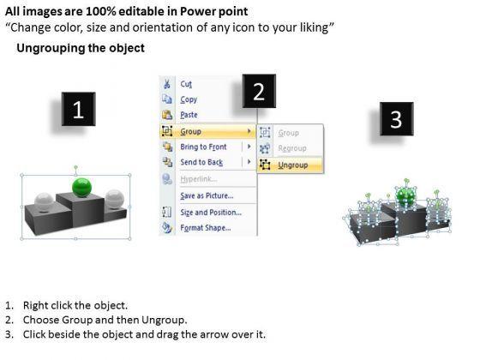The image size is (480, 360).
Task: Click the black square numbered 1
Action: point(78,109)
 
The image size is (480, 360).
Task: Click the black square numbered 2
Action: point(259,91)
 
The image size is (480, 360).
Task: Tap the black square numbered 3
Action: point(396,119)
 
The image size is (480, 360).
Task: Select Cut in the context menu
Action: point(186,84)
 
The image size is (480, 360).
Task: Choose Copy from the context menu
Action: point(189,99)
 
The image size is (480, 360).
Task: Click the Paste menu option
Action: point(189,115)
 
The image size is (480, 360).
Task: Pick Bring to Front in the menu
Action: point(203,147)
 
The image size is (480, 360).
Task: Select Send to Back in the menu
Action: point(201,162)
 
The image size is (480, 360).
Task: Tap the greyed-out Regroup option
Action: point(292,148)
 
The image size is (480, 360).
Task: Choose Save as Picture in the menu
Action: point(207,196)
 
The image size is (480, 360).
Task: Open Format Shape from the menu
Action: point(206,228)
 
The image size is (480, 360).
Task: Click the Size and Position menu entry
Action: point(211,213)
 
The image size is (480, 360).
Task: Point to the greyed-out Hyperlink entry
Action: point(198,179)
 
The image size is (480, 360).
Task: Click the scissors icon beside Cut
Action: point(167,84)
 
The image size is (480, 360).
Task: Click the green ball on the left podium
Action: point(81,187)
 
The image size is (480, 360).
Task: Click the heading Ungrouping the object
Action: point(81,48)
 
